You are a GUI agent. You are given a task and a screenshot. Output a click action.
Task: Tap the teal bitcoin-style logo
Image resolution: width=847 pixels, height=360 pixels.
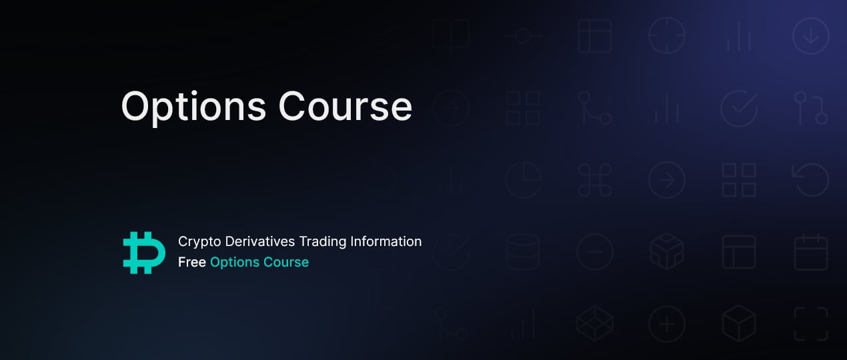click(x=144, y=253)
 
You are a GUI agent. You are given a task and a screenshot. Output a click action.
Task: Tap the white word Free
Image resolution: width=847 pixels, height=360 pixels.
click(x=192, y=262)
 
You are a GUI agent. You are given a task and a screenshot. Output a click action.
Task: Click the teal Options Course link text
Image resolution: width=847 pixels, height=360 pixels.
click(x=259, y=262)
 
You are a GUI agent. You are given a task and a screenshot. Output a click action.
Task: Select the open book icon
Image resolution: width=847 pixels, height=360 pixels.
click(x=451, y=35)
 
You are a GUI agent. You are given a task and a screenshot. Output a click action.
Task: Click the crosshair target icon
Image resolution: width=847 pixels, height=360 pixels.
click(x=667, y=35)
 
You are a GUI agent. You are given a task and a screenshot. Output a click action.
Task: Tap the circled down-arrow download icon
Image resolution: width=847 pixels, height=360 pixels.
click(x=811, y=35)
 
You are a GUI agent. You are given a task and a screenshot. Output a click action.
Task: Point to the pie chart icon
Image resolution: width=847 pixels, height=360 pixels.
click(x=524, y=180)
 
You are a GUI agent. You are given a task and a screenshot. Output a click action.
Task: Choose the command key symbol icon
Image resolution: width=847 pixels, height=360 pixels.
click(x=595, y=180)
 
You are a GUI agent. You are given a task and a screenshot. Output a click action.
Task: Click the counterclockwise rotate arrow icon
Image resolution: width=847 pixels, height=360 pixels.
click(x=811, y=179)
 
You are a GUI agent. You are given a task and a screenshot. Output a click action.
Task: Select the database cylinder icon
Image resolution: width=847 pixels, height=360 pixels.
click(x=523, y=252)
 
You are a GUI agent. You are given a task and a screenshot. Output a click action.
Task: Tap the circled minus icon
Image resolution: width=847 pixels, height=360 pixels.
click(x=595, y=252)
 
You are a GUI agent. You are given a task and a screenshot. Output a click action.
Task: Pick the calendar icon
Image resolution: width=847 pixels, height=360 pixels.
click(x=811, y=252)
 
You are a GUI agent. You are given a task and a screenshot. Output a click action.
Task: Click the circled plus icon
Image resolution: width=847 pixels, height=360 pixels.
click(x=667, y=324)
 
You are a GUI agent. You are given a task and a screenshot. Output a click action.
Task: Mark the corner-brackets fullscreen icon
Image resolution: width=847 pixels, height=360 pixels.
click(x=811, y=324)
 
